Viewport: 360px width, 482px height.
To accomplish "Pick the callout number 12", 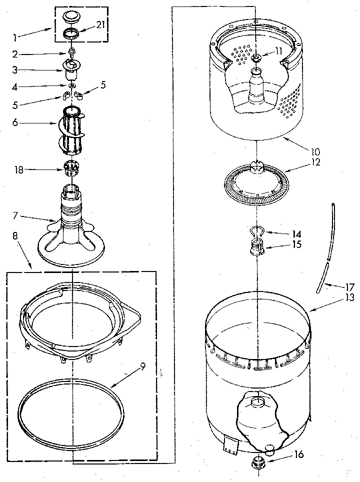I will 301,162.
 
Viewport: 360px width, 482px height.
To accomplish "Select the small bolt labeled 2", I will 72,50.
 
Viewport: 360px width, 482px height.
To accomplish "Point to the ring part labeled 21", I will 72,34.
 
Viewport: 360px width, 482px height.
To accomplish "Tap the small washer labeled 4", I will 72,86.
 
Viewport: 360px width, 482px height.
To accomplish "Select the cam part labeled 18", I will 72,168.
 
